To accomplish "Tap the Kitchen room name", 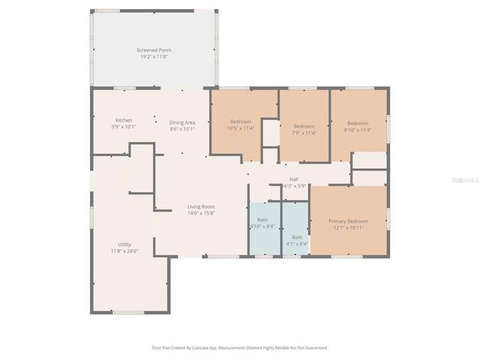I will (124, 121).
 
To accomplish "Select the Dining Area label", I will (182, 122).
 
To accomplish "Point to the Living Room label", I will (201, 206).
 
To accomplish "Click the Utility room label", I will (124, 244).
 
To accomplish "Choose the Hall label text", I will (294, 179).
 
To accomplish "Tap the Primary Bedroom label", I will (349, 220).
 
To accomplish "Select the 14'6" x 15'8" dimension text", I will (201, 213).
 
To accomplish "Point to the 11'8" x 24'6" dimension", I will (124, 250).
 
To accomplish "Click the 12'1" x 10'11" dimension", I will (349, 227).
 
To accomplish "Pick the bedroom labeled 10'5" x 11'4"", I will (241, 124).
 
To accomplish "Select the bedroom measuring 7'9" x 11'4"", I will (304, 129).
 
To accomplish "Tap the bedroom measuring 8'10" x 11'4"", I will (357, 126).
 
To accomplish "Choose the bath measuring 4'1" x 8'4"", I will (297, 240).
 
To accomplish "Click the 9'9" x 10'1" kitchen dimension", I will (124, 127).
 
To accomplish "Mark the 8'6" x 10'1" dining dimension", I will (182, 129).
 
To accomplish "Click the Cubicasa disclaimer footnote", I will (239, 348).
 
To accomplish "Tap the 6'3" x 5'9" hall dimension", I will (294, 186).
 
